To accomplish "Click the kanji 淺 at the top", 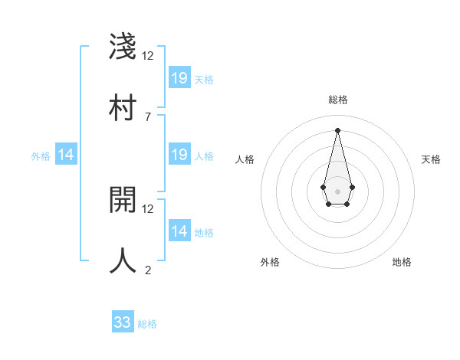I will (x=123, y=47).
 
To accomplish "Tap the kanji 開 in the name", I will (x=123, y=200).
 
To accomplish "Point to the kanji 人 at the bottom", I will (x=123, y=260).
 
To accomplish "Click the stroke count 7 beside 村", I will (x=147, y=116).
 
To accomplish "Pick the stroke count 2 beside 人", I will (x=147, y=269).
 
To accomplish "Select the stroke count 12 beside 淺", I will (x=147, y=56).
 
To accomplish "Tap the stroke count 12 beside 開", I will (x=147, y=208).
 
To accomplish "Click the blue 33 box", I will (x=123, y=322).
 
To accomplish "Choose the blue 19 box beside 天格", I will (x=179, y=78).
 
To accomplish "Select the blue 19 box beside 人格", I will (x=179, y=155).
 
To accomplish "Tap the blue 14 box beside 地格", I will (x=179, y=231).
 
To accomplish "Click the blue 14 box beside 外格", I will (x=66, y=155).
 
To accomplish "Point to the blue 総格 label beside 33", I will (x=148, y=324).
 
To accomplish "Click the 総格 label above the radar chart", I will (x=337, y=100).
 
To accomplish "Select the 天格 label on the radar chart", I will (x=431, y=159).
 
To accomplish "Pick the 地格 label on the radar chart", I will (x=402, y=262).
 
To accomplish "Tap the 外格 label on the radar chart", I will (x=270, y=262).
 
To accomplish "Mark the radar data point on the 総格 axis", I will (x=337, y=129).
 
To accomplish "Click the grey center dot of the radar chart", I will (x=337, y=190).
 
